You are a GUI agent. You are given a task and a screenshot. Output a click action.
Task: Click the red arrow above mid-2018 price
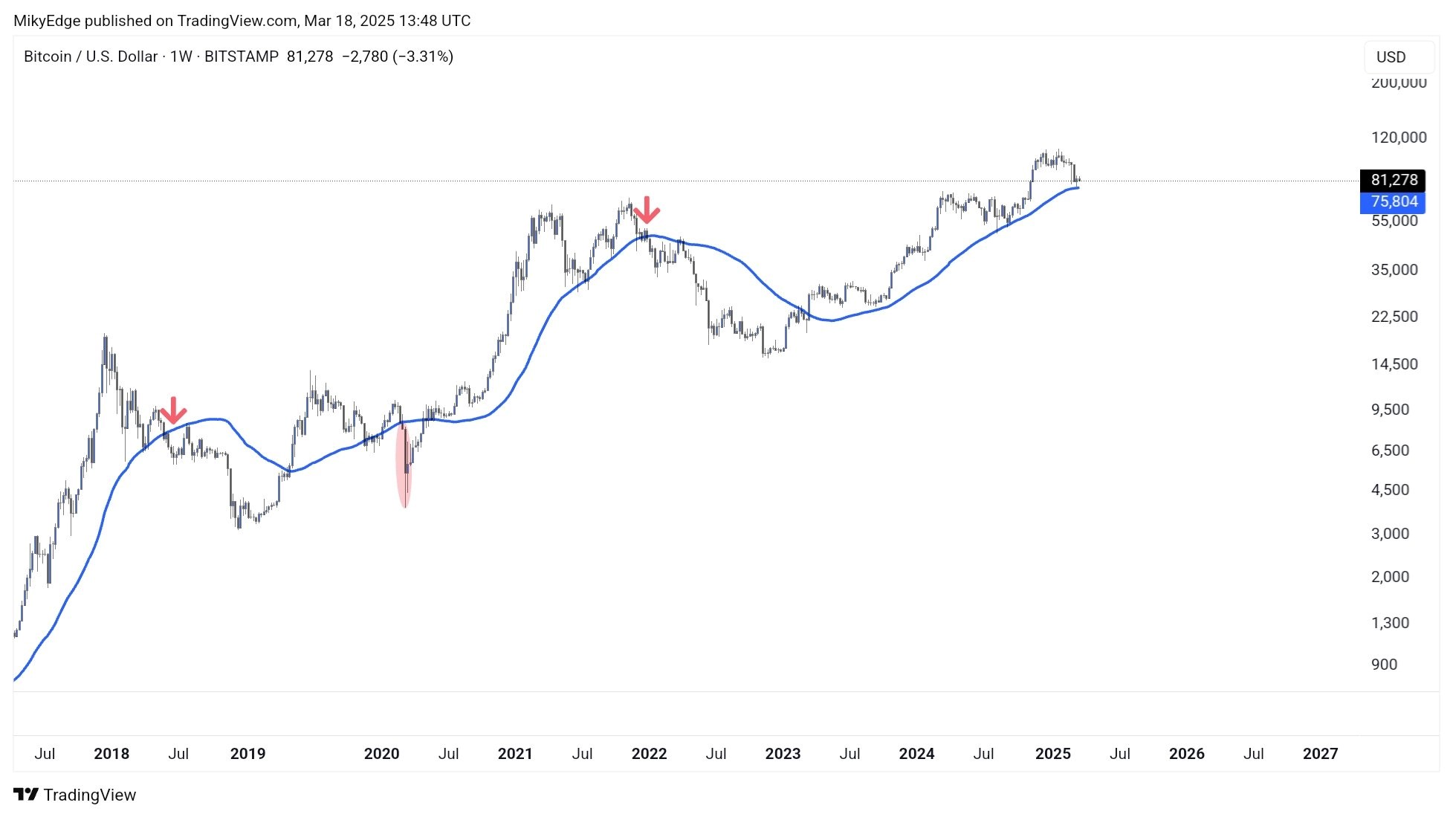point(173,410)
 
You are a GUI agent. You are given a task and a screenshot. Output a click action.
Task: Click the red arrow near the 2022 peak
point(647,210)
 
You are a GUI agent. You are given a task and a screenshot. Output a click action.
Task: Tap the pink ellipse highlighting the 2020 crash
point(404,466)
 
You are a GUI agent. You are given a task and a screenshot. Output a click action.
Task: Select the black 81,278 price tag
point(1393,180)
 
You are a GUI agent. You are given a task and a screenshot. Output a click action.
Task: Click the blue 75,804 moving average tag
point(1393,201)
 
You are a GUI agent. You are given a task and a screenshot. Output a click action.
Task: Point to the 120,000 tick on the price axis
point(1398,138)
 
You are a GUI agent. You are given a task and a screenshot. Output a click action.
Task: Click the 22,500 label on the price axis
point(1394,317)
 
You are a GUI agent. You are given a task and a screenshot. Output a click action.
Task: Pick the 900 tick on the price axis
point(1384,665)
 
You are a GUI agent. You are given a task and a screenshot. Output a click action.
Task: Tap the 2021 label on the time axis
point(515,754)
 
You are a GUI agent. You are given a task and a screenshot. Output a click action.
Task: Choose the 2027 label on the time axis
point(1320,754)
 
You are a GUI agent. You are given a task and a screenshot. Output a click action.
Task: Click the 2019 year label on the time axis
point(247,754)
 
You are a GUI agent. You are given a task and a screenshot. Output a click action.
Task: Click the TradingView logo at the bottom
point(75,795)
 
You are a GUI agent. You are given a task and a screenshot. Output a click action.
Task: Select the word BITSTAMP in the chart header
point(241,56)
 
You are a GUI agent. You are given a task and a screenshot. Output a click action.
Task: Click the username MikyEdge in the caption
point(47,21)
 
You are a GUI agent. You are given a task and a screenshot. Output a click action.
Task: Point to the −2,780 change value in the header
point(364,56)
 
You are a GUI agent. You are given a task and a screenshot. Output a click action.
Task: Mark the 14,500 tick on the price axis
point(1394,364)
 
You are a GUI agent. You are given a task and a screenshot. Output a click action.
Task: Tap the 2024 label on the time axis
point(916,754)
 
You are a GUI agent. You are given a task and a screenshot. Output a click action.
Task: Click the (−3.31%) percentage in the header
point(423,56)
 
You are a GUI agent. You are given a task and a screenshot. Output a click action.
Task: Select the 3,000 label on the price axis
point(1390,534)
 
